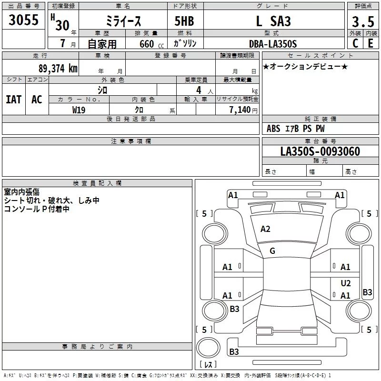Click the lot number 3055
click(x=23, y=20)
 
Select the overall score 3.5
click(x=363, y=21)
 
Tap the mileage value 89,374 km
click(x=58, y=69)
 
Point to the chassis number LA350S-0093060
click(x=320, y=151)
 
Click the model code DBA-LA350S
click(x=273, y=44)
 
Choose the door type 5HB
click(x=184, y=21)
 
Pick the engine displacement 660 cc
click(x=151, y=44)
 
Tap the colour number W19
click(x=79, y=110)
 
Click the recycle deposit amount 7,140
click(x=240, y=110)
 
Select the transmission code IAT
click(x=14, y=100)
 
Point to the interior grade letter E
click(x=371, y=43)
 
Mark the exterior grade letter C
click(x=355, y=43)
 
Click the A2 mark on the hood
click(x=265, y=229)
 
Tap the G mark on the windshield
click(x=272, y=251)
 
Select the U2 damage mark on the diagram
click(x=346, y=283)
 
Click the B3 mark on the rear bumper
click(x=234, y=351)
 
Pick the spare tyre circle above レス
click(x=208, y=348)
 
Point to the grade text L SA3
click(x=273, y=21)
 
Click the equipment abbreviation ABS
click(x=273, y=129)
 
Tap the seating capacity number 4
click(x=199, y=90)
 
